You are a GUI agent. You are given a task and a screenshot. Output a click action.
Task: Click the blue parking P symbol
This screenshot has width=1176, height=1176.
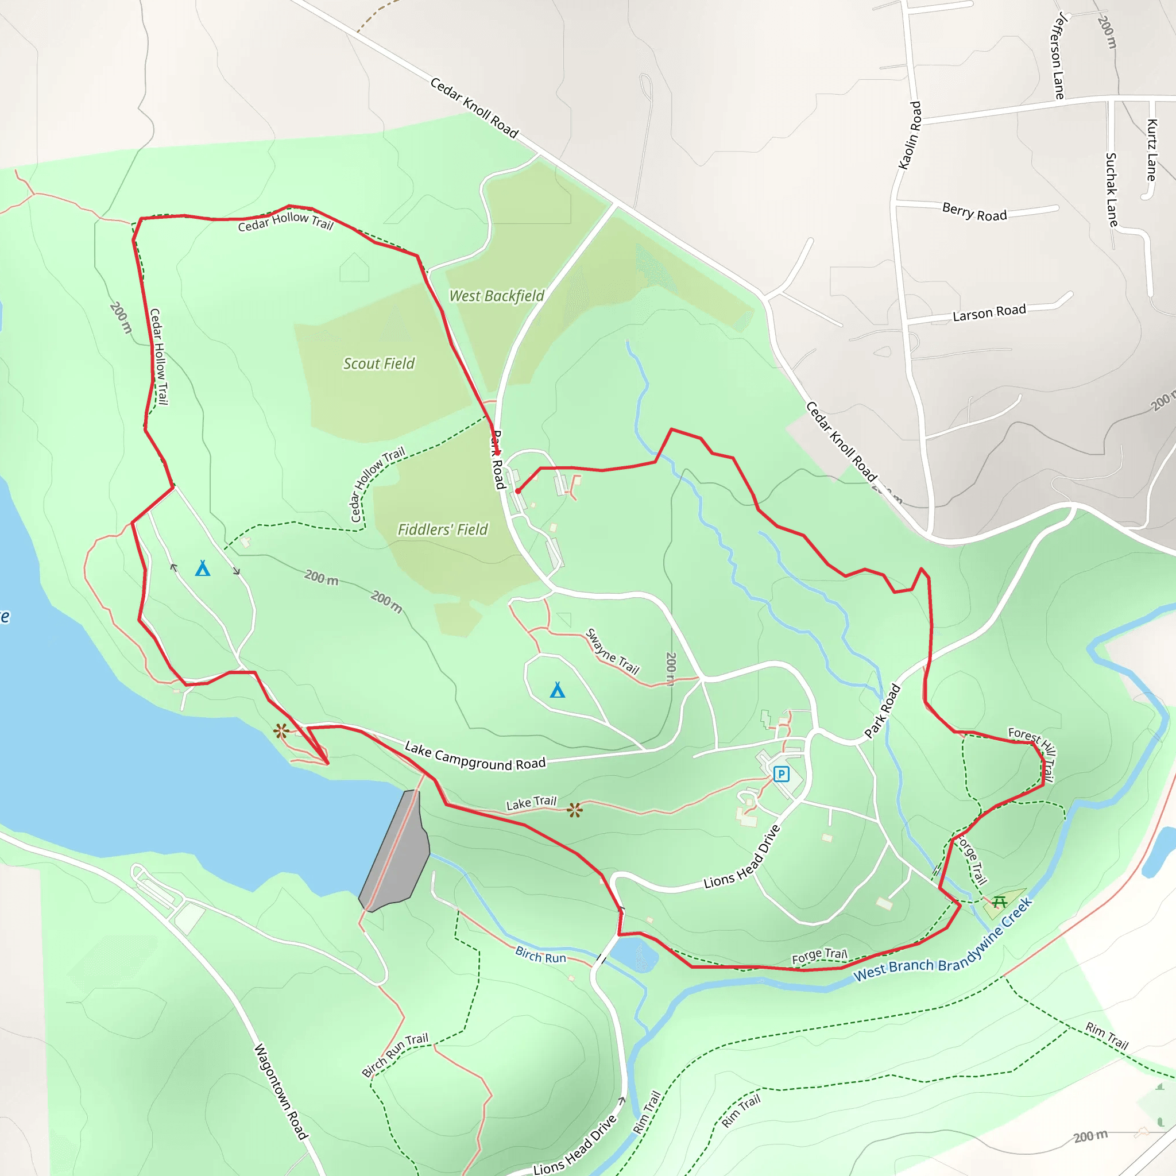pos(781,774)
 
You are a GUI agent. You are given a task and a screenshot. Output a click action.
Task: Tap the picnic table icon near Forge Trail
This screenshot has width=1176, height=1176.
pos(999,902)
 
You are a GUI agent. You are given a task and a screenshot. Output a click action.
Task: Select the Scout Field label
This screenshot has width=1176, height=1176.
pos(378,363)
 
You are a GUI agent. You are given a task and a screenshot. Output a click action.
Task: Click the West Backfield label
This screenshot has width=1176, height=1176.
pos(497,296)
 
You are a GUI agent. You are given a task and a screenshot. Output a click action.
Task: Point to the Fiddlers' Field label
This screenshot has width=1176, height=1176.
pos(443,529)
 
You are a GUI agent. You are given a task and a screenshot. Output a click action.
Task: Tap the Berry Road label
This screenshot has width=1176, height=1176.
pos(974,212)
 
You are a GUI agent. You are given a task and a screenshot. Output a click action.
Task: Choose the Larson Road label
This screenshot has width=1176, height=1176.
pos(989,312)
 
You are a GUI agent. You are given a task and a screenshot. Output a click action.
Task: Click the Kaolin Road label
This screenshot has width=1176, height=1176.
pos(910,135)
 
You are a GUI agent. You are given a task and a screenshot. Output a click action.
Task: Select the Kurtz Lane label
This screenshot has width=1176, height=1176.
pos(1151,150)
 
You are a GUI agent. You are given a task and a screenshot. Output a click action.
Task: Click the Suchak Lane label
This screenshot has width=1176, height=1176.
pos(1112,190)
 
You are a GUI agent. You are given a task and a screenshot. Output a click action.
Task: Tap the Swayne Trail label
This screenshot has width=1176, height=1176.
pos(612,652)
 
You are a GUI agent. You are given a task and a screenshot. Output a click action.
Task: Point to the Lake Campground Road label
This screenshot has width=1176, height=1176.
pos(475,756)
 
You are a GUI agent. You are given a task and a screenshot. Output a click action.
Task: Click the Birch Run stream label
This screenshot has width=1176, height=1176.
pos(540,954)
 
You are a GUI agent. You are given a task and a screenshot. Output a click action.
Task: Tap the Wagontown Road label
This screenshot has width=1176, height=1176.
pos(281,1091)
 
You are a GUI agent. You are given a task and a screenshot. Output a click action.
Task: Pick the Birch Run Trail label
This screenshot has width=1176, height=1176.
pos(395,1055)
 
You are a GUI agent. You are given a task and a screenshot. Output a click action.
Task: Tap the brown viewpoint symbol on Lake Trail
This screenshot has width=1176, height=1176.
pos(575,810)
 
